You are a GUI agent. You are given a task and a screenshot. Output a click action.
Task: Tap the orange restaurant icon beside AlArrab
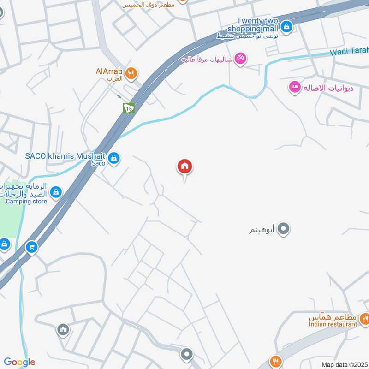point(132,73)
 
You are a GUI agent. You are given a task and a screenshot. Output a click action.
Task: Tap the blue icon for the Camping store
point(56,191)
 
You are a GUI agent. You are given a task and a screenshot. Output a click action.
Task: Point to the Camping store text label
point(26,201)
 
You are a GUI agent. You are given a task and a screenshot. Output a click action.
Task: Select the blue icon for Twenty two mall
point(287,26)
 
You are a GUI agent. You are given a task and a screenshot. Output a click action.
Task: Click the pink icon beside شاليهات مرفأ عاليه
point(240,59)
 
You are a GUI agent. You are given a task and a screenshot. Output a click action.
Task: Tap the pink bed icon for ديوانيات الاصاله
point(294,87)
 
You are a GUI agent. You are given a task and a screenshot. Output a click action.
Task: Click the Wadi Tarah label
point(350,51)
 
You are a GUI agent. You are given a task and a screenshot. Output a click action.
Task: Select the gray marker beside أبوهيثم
point(284,228)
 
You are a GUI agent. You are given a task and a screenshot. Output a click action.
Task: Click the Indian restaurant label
point(333,324)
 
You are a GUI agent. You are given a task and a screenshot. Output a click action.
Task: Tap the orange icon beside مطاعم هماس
point(364,318)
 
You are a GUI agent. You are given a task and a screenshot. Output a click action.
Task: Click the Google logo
point(19,362)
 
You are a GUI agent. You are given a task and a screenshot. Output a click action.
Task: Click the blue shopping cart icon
point(31,247)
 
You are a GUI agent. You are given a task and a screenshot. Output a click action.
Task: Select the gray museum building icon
point(63,330)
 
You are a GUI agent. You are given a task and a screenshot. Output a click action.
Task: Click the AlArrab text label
point(109,71)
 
